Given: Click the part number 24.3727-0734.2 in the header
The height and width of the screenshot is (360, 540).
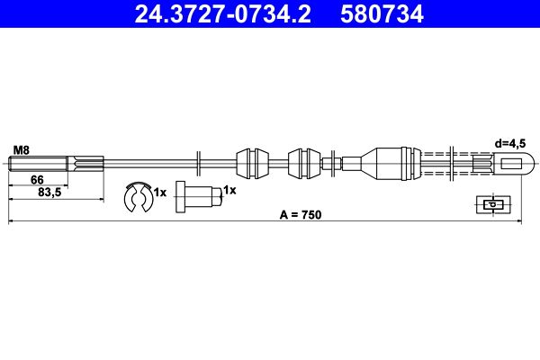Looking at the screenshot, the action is (x=222, y=14).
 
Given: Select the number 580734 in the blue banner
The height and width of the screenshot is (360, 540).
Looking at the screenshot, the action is (x=382, y=14).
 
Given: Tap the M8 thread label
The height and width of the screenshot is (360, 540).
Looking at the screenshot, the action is (x=22, y=150).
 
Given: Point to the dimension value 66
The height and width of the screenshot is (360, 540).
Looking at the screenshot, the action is (x=37, y=180).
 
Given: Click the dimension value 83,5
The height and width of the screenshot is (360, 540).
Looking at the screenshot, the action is (x=49, y=193).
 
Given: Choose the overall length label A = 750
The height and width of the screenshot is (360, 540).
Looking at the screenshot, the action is (x=301, y=214).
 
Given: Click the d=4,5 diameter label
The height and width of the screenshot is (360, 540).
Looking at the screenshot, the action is (x=510, y=144).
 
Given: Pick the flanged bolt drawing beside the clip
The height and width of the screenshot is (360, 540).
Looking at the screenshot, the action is (x=199, y=197).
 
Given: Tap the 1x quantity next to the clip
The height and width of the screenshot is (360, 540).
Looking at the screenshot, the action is (x=160, y=193).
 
